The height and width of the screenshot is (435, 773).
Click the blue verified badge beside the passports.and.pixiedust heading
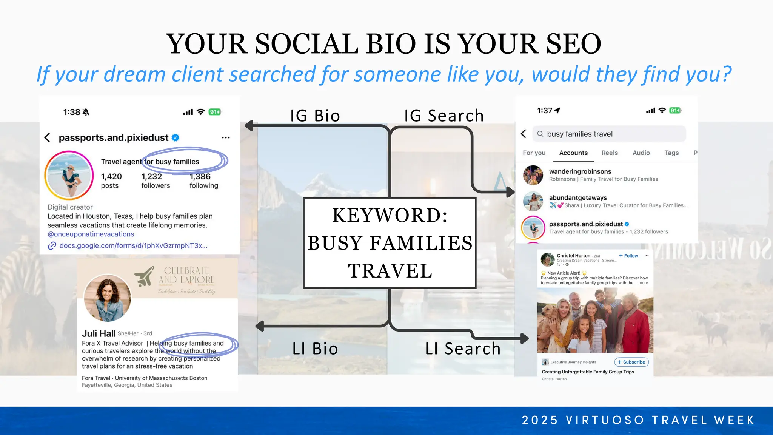pos(176,138)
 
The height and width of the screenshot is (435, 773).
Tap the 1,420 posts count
pos(111,180)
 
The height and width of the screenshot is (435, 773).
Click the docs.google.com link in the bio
pos(133,246)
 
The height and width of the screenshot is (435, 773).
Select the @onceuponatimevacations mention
pos(91,234)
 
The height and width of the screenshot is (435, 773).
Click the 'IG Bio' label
pos(315,116)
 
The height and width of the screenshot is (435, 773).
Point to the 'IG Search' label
pos(444,116)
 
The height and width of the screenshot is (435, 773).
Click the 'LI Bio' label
pos(315,349)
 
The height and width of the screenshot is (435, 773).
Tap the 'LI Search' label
pos(463,349)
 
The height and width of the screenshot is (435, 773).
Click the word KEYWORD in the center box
pos(390,216)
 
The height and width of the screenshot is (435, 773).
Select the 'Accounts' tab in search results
pos(573,153)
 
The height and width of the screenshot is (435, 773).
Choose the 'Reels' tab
pos(610,153)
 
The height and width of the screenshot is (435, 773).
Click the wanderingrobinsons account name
pos(580,171)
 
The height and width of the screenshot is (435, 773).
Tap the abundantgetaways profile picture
pos(533,201)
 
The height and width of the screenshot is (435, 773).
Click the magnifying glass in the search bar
pos(540,134)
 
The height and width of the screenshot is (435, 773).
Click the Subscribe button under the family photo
pos(631,362)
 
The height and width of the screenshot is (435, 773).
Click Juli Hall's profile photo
pos(108,298)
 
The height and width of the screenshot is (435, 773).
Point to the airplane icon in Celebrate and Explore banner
pos(145,276)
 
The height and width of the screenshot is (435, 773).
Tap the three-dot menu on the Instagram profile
pos(226,138)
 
